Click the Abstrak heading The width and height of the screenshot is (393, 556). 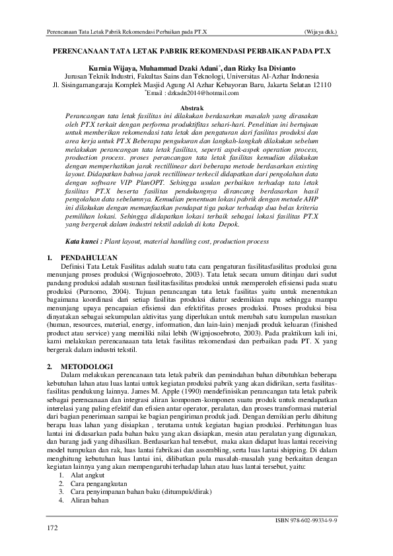coord(196,106)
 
